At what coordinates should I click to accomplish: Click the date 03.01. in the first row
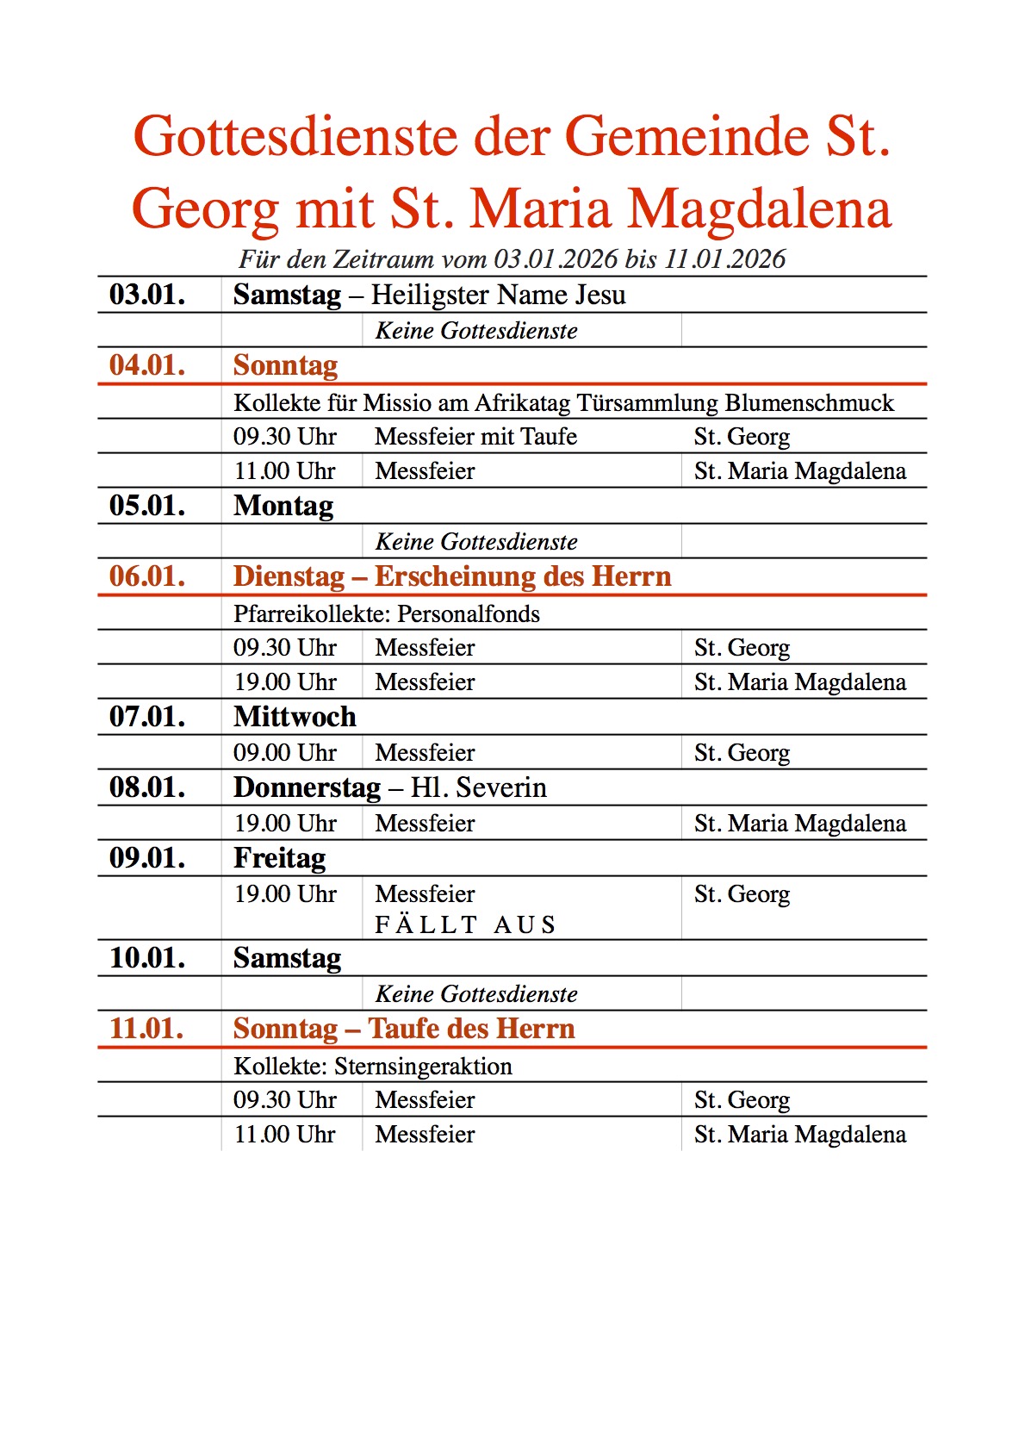pyautogui.click(x=147, y=295)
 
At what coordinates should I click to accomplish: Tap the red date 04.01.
pyautogui.click(x=147, y=365)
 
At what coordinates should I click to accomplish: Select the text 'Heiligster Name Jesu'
pyautogui.click(x=498, y=295)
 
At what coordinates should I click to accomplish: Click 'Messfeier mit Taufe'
pyautogui.click(x=475, y=437)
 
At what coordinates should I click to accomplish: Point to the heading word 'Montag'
pyautogui.click(x=283, y=506)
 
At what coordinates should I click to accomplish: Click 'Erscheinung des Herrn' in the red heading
pyautogui.click(x=523, y=576)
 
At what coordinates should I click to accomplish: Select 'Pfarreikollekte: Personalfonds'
pyautogui.click(x=387, y=614)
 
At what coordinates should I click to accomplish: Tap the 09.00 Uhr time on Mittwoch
pyautogui.click(x=285, y=753)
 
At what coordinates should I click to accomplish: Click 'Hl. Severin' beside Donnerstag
pyautogui.click(x=479, y=787)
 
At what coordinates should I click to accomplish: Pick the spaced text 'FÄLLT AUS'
pyautogui.click(x=466, y=925)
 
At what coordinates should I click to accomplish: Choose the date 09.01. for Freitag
pyautogui.click(x=147, y=858)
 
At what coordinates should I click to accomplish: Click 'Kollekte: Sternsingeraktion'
pyautogui.click(x=373, y=1067)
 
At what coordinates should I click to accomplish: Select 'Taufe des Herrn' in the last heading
pyautogui.click(x=471, y=1029)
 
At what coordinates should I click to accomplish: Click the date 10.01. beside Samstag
pyautogui.click(x=147, y=958)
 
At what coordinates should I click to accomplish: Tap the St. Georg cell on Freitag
pyautogui.click(x=742, y=894)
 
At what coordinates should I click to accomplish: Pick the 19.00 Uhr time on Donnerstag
pyautogui.click(x=285, y=824)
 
